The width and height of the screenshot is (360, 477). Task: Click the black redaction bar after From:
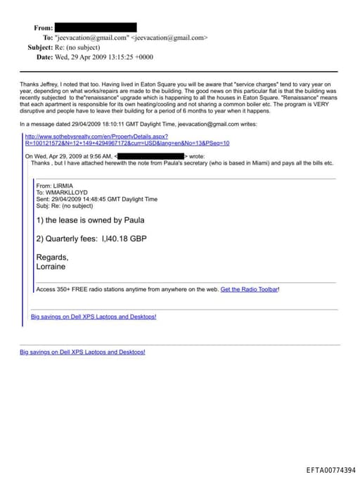coord(96,27)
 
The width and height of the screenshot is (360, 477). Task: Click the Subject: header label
coord(40,47)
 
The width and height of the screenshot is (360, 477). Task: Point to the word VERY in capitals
coord(322,104)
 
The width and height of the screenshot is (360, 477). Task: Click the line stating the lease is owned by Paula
coord(90,220)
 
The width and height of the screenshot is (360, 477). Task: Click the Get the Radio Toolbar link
coord(250,289)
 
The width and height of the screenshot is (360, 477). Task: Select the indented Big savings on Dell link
coord(94,317)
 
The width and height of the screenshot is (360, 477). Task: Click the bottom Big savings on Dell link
coord(82,351)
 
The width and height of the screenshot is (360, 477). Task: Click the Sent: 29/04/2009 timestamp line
coord(96,199)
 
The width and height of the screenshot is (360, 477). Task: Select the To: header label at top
coord(48,37)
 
